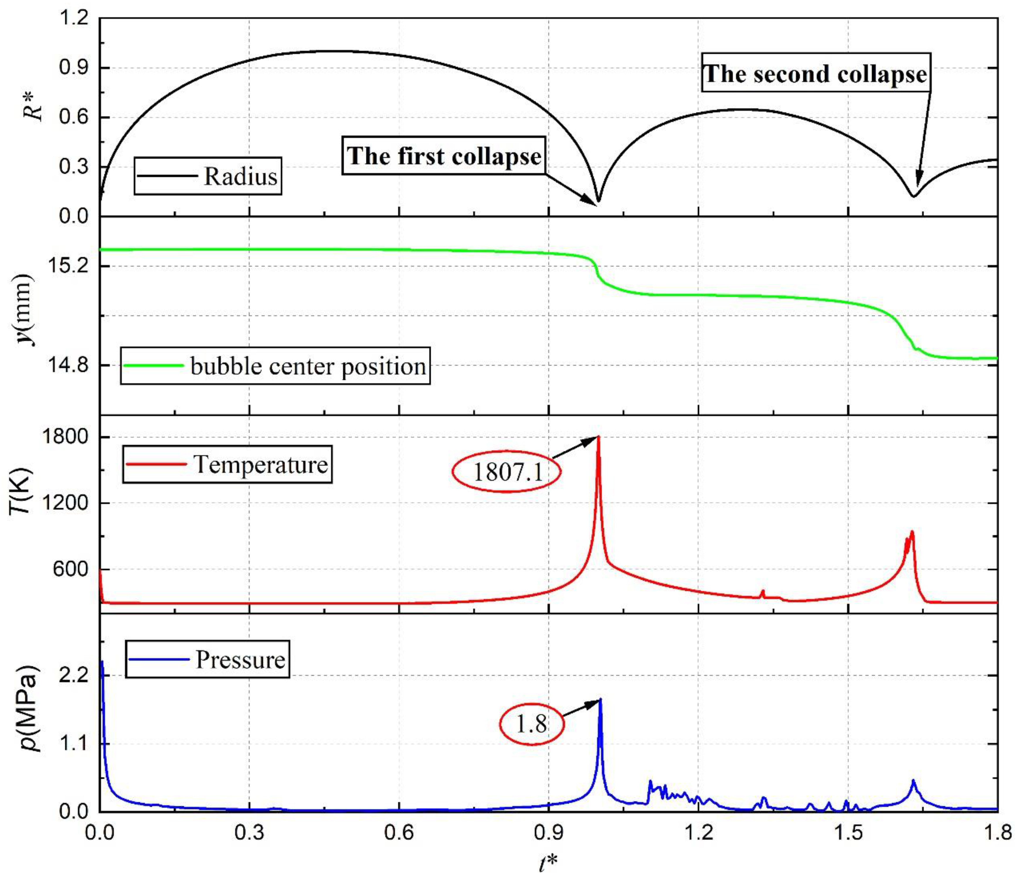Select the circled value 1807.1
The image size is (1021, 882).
[507, 472]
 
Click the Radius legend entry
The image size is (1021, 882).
[208, 176]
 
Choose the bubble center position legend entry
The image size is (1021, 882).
[275, 366]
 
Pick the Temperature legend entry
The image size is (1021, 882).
[227, 464]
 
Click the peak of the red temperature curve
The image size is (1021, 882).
[598, 437]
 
